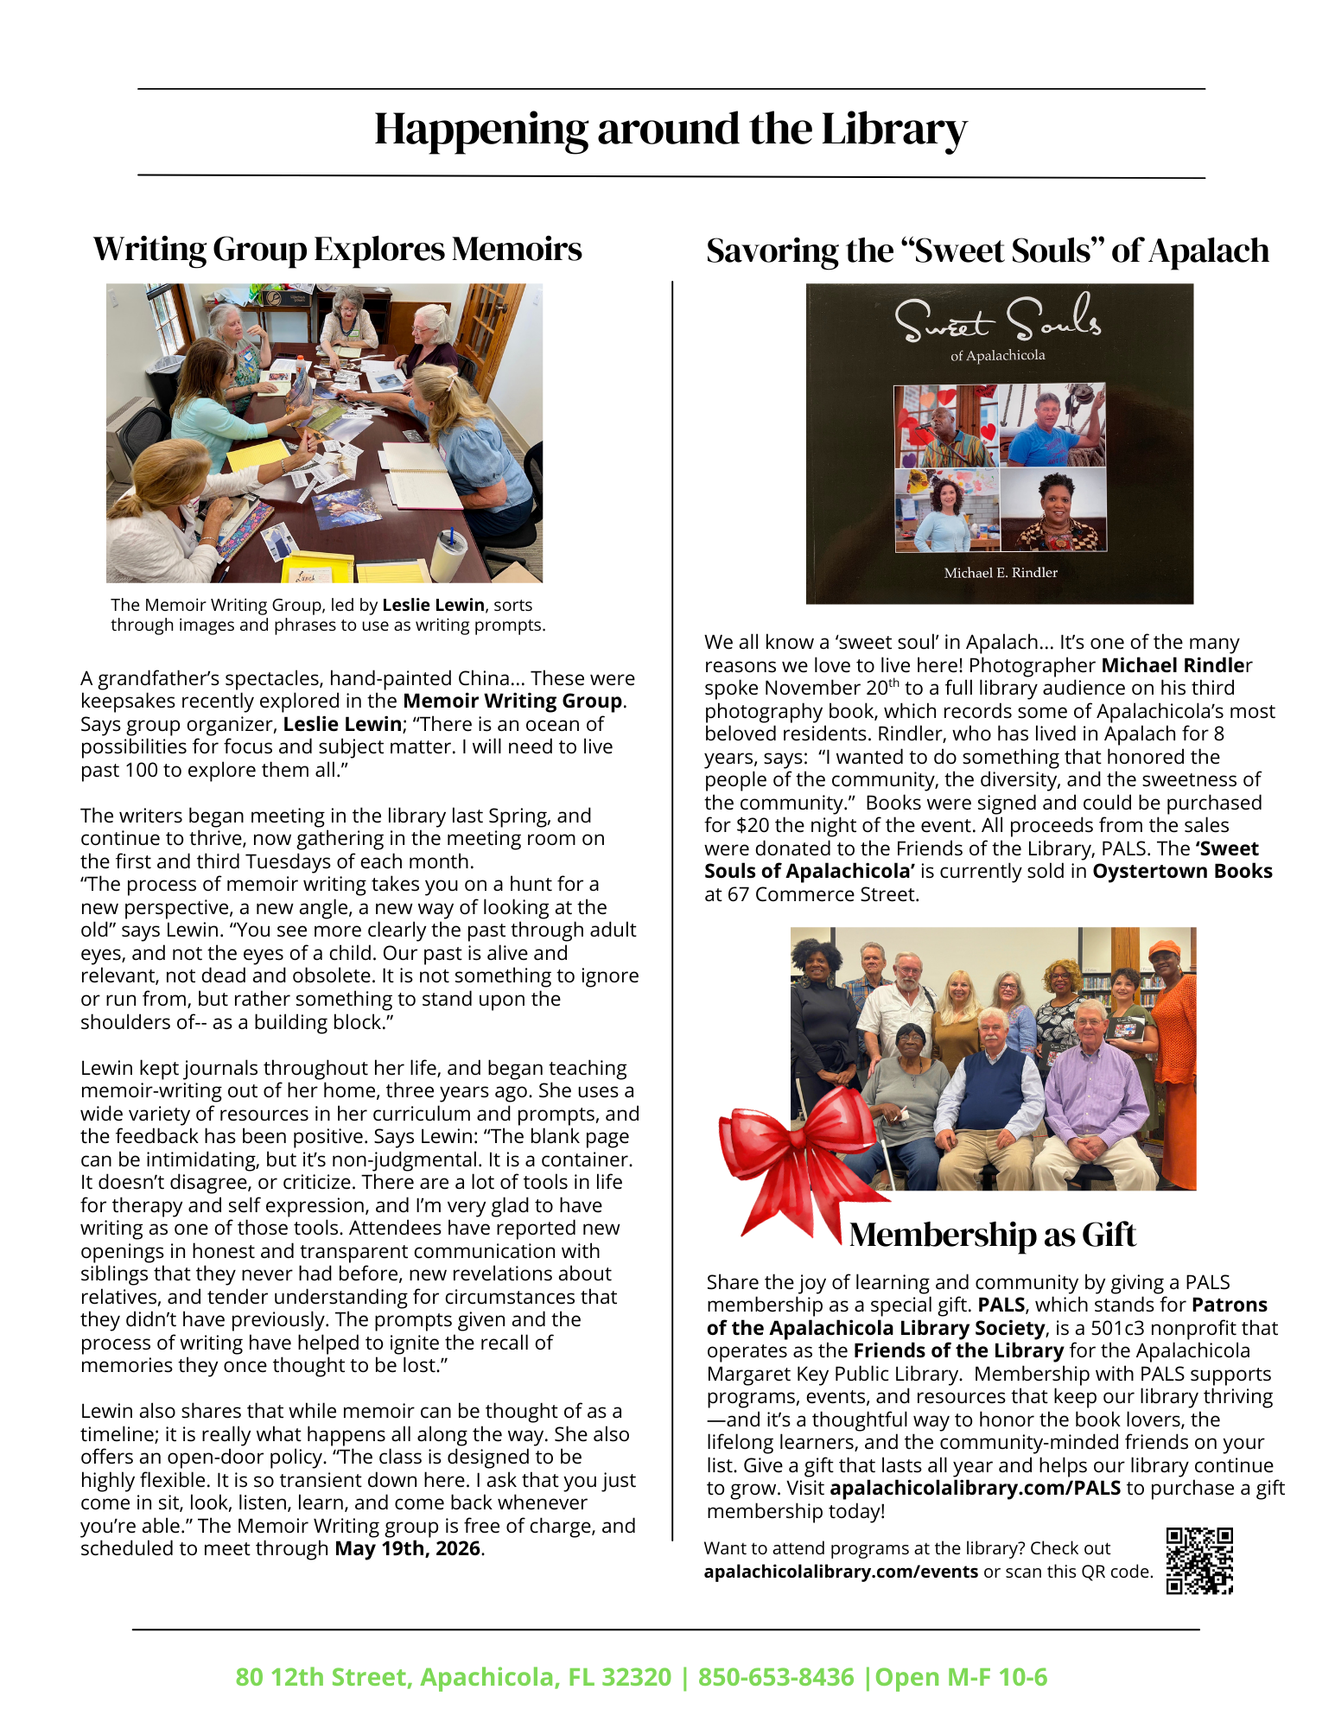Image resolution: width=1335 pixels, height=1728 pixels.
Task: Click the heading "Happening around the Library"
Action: (x=671, y=130)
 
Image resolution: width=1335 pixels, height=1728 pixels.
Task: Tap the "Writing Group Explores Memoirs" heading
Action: (x=338, y=249)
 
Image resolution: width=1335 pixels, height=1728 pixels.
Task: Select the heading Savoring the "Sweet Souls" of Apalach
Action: (x=987, y=251)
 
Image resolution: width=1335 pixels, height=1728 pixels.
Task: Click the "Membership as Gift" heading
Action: (x=992, y=1234)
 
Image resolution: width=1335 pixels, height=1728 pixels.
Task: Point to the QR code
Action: (x=1198, y=1560)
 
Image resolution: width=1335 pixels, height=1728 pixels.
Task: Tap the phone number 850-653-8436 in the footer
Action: (x=775, y=1677)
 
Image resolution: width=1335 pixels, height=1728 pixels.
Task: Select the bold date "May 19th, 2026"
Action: (x=407, y=1548)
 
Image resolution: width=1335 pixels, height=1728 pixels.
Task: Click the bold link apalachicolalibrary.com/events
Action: (x=841, y=1572)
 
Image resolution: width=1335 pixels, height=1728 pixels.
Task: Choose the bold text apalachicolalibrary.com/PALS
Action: (x=975, y=1488)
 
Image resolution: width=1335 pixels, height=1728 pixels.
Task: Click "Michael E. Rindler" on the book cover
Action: (x=1000, y=573)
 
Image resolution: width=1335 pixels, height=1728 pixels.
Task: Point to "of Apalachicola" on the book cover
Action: (x=997, y=355)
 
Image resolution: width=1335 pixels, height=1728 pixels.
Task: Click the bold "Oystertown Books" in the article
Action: (x=1182, y=871)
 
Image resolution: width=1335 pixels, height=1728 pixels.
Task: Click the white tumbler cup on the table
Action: (x=448, y=555)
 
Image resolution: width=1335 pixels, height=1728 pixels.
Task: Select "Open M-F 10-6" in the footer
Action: (x=961, y=1677)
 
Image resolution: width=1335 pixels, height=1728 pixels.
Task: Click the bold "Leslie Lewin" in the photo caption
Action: (x=433, y=605)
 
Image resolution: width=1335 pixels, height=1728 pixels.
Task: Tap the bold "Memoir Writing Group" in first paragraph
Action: (x=512, y=701)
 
